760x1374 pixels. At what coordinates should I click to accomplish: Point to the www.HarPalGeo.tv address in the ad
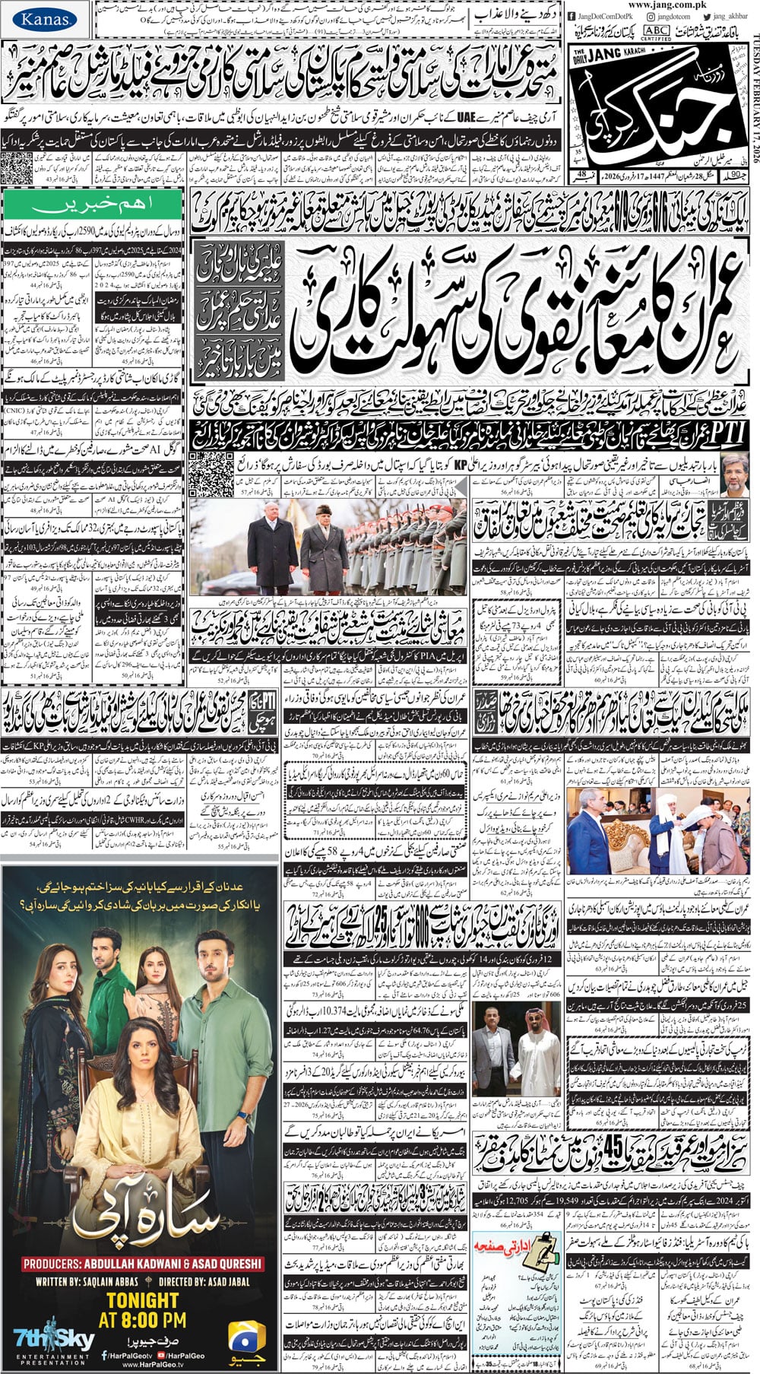click(143, 1366)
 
